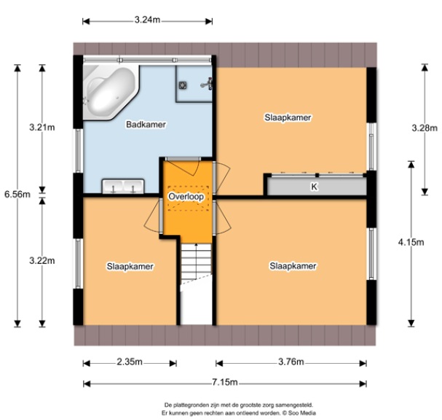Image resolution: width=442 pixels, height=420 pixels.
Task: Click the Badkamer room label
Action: click(x=146, y=125)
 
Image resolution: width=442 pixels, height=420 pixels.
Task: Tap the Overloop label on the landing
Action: click(x=186, y=196)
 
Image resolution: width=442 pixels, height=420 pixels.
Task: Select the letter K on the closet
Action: click(x=314, y=187)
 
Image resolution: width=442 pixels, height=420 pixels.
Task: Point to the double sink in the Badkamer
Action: click(x=123, y=187)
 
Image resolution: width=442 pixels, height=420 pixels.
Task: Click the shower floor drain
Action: click(x=183, y=85)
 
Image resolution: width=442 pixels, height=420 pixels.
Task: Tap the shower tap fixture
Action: click(x=207, y=84)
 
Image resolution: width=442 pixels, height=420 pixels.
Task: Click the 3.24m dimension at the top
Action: click(x=147, y=20)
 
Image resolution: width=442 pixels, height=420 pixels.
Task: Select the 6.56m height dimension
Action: click(x=17, y=195)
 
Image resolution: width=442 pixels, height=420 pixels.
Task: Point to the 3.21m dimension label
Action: click(x=42, y=128)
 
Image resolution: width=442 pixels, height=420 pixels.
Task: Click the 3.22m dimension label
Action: click(x=42, y=260)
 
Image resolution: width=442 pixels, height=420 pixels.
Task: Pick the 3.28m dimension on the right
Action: click(x=425, y=128)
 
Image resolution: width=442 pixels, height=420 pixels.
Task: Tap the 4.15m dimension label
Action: click(x=411, y=242)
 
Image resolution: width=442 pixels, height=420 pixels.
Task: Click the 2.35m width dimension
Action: click(x=130, y=362)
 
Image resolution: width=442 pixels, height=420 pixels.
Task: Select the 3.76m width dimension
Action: click(x=291, y=362)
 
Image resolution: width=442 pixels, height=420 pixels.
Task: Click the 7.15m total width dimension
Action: click(x=225, y=383)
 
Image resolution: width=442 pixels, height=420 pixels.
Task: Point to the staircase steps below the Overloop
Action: click(x=196, y=261)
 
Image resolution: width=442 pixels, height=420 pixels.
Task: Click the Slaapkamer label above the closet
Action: click(x=288, y=117)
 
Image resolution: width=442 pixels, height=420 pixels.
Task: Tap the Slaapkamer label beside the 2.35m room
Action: click(x=130, y=266)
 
